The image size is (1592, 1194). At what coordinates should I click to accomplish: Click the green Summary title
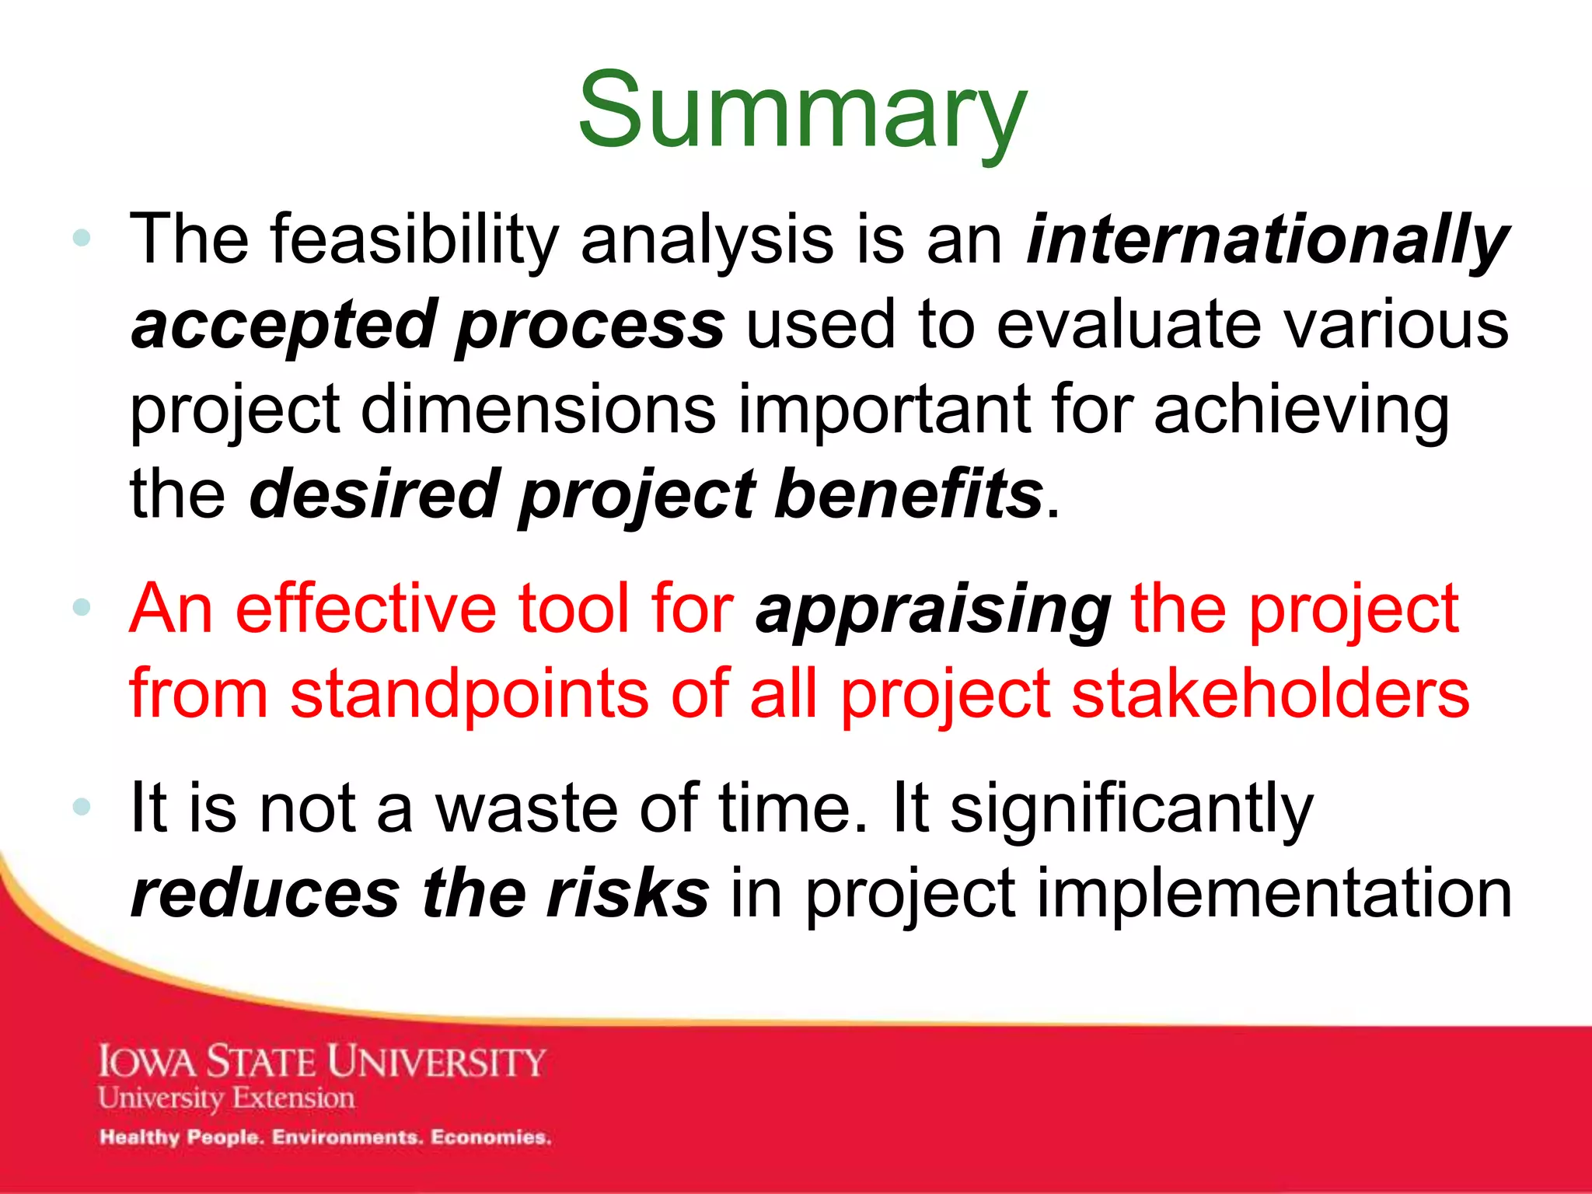(x=802, y=111)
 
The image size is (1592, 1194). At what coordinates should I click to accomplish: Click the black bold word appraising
(x=933, y=611)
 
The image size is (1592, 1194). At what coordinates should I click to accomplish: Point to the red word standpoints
(x=469, y=694)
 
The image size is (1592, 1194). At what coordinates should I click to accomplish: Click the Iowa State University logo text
(x=322, y=1062)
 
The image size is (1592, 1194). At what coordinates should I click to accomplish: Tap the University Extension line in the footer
(x=226, y=1098)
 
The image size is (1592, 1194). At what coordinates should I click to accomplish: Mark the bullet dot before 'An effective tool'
(x=82, y=607)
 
